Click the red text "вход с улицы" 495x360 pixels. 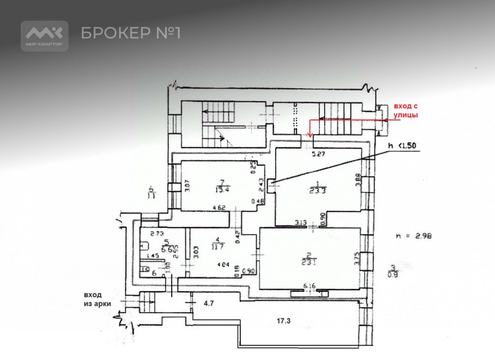[406, 110]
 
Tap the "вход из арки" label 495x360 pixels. [97, 299]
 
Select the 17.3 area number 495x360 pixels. [283, 321]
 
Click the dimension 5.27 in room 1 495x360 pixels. [319, 153]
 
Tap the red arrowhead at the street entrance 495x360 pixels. [309, 134]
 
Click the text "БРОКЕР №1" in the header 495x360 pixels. [131, 33]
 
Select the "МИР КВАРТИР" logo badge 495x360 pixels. [44, 36]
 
